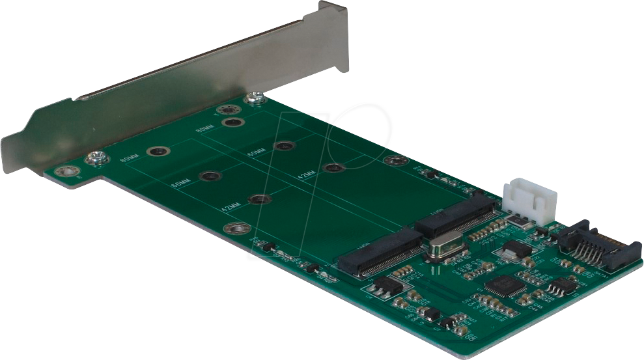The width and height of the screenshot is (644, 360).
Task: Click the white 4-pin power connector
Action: click(529, 199)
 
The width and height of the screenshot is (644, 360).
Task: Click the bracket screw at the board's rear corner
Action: click(256, 99)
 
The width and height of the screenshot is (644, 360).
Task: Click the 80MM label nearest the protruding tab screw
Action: click(129, 159)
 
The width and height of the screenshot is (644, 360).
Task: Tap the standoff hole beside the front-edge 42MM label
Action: click(259, 199)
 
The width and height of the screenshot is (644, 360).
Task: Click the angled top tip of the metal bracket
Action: click(333, 10)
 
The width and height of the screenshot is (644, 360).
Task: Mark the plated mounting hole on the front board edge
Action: click(236, 228)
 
